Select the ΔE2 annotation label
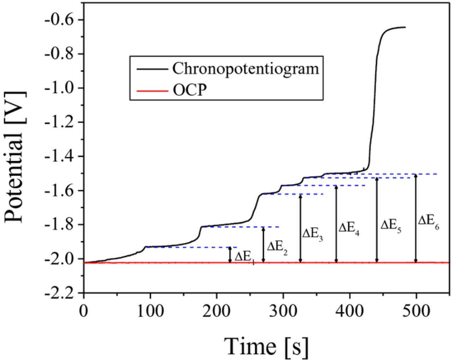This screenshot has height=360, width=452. pyautogui.click(x=277, y=247)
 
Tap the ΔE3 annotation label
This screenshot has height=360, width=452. pyautogui.click(x=313, y=234)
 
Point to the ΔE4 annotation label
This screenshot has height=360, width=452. pyautogui.click(x=349, y=229)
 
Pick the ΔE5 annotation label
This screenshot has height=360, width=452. pyautogui.click(x=391, y=226)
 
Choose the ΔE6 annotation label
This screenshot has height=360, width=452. pyautogui.click(x=429, y=222)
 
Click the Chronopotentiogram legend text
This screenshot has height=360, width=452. pyautogui.click(x=245, y=68)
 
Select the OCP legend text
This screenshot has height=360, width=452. pyautogui.click(x=189, y=90)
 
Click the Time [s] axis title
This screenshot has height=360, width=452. pyautogui.click(x=266, y=346)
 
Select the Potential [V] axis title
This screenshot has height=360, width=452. pyautogui.click(x=15, y=157)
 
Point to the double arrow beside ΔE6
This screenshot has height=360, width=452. pyautogui.click(x=416, y=218)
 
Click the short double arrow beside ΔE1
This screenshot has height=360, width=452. pyautogui.click(x=230, y=255)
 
